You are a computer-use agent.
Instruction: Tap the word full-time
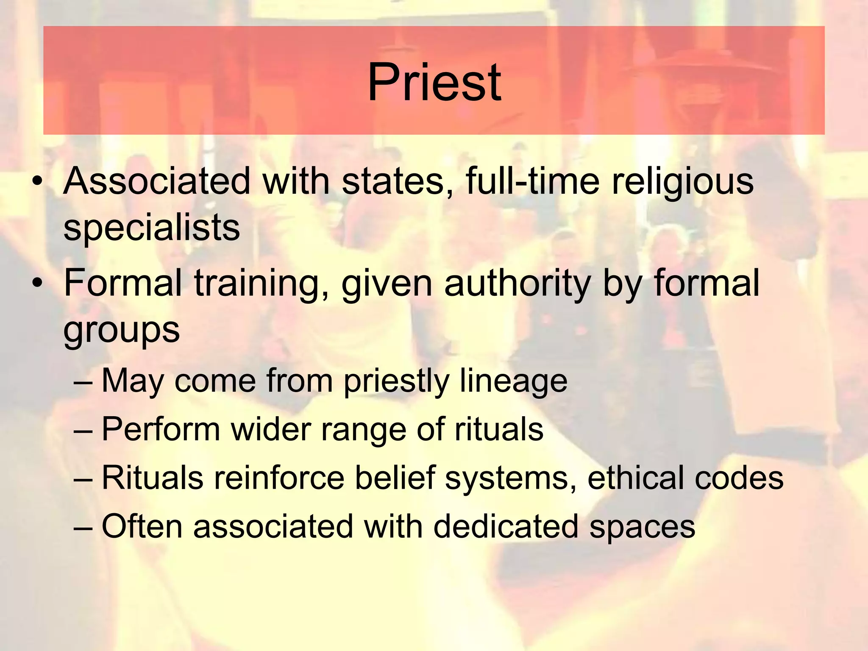click(x=533, y=181)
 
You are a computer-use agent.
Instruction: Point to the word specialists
click(x=152, y=228)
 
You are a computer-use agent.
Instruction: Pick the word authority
click(x=517, y=284)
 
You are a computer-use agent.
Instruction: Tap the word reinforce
click(x=279, y=478)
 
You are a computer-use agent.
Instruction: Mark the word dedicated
click(x=506, y=526)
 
